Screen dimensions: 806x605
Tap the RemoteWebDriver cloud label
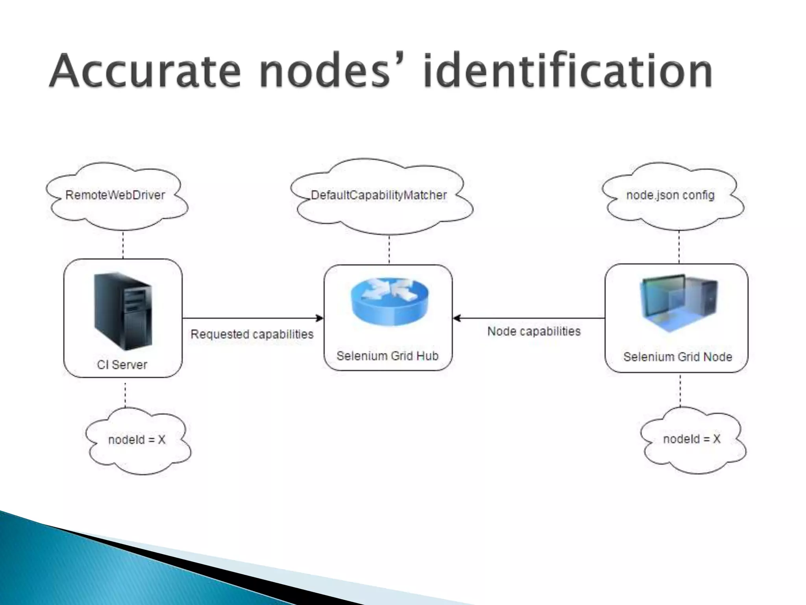[115, 195]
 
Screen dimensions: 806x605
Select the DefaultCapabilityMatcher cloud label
[379, 195]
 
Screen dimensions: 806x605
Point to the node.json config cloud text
[670, 195]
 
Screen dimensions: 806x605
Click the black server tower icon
[123, 311]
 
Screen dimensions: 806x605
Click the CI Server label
[122, 365]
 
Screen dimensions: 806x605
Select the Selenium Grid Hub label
[387, 356]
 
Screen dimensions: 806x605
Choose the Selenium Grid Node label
[677, 357]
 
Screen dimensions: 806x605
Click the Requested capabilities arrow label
[252, 334]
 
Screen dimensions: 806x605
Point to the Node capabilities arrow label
[534, 332]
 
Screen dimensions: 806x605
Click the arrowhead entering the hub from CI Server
[320, 318]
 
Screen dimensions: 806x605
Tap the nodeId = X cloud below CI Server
[137, 440]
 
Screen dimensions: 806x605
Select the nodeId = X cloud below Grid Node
[691, 439]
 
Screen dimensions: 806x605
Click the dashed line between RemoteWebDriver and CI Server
[123, 245]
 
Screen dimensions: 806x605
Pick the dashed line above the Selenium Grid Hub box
[389, 250]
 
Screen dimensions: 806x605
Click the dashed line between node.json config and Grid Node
[679, 247]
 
